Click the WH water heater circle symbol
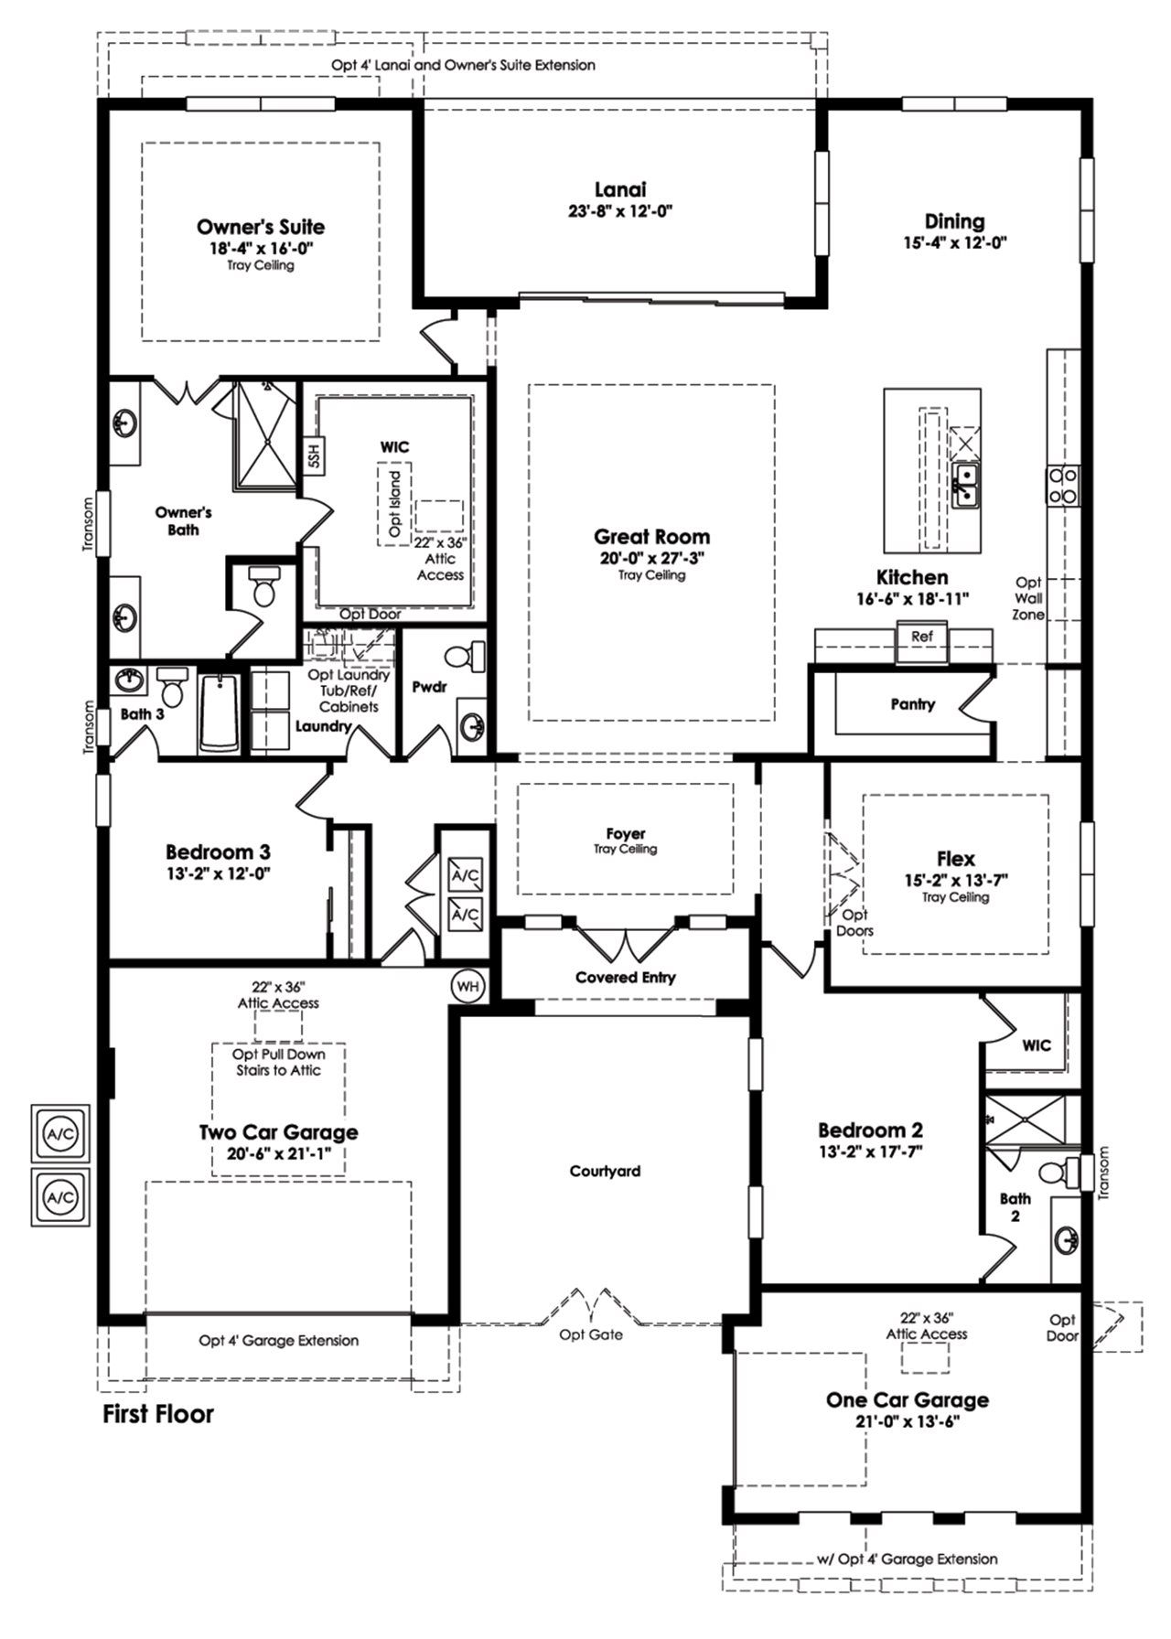pos(468,987)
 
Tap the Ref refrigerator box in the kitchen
pos(921,637)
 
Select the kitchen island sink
pos(964,486)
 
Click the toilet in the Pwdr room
pos(465,657)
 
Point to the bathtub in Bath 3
pos(219,713)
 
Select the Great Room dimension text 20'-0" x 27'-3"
pos(651,557)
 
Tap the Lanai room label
pos(620,189)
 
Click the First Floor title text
pos(158,1414)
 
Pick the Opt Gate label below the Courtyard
pos(591,1334)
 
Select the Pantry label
pos(912,704)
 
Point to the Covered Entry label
pos(626,977)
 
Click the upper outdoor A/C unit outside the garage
pos(60,1134)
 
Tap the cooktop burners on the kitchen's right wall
pos(1063,485)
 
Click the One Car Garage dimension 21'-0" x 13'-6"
pos(907,1421)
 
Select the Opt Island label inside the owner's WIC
pos(395,504)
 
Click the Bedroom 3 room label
pos(218,852)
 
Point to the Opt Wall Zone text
pos(1029,598)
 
